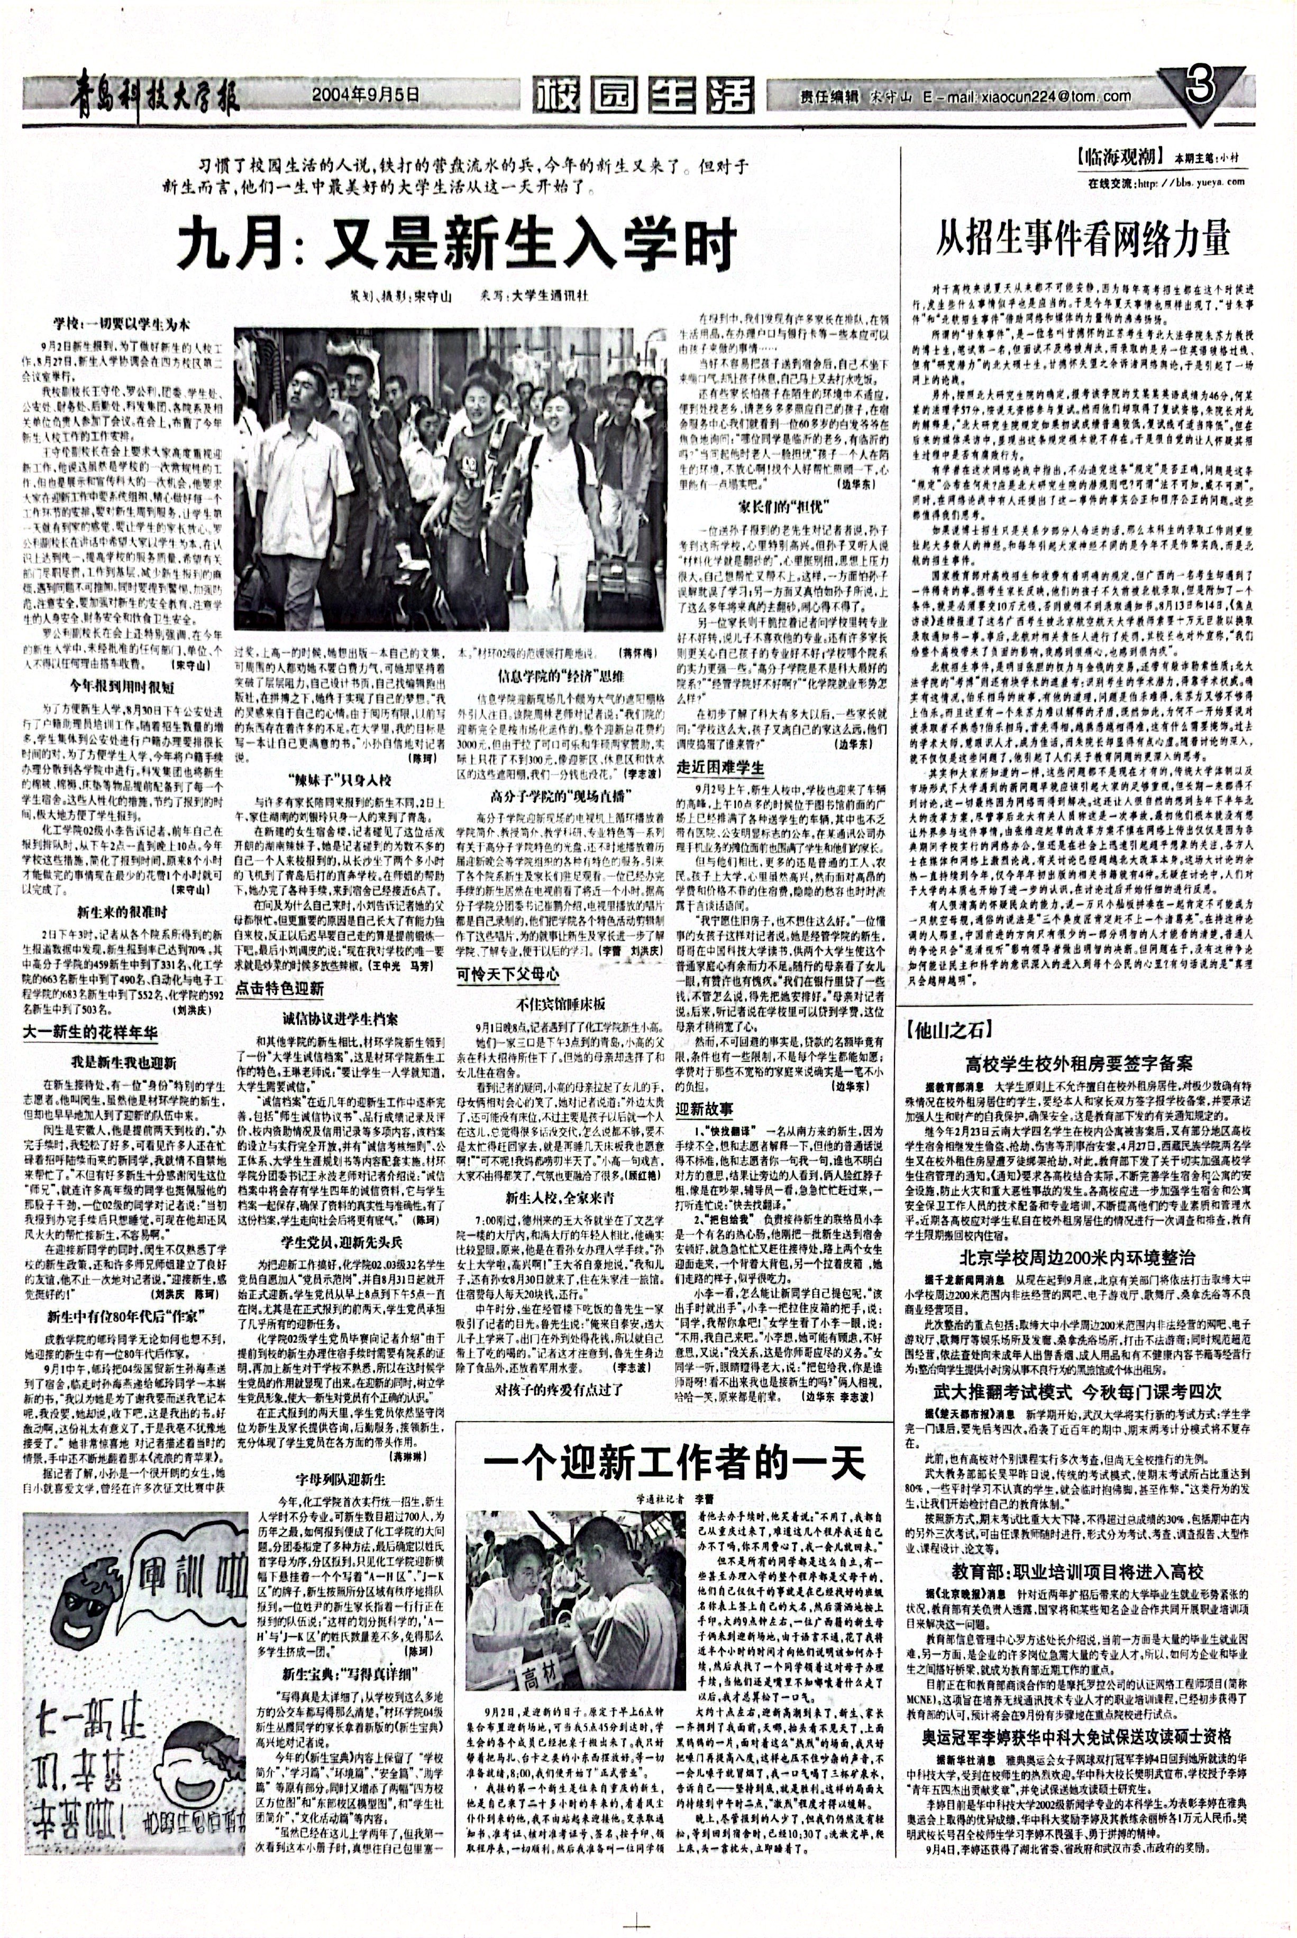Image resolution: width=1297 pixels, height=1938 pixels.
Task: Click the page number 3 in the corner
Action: pos(1201,90)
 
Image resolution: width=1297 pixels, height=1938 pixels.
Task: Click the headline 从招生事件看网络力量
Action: pos(1084,238)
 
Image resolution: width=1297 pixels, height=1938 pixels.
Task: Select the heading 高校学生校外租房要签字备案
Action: pos(1078,1063)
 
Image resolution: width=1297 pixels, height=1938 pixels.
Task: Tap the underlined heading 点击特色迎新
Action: pos(280,989)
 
